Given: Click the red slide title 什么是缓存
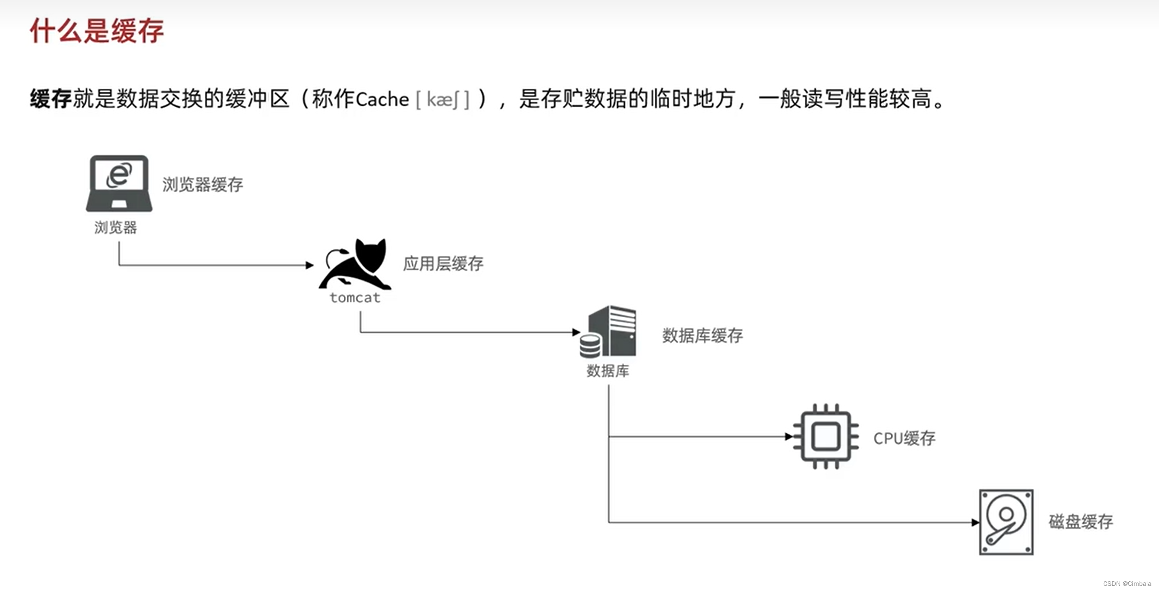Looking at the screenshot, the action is tap(97, 31).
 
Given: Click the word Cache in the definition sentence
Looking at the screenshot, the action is tap(382, 100).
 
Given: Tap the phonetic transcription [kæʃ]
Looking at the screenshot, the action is tap(443, 100).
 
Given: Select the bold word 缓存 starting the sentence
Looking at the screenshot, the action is tap(51, 99).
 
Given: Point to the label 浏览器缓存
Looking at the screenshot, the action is tap(202, 184).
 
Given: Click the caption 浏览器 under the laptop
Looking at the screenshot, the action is tap(115, 227).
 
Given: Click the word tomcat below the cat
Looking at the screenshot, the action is tap(355, 298).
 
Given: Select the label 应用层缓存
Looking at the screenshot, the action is tap(443, 264).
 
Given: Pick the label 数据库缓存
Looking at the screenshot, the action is tap(702, 336).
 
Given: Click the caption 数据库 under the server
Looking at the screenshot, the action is tap(607, 371).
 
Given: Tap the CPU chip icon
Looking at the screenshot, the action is tap(825, 436).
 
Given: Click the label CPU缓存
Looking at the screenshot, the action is tap(904, 438).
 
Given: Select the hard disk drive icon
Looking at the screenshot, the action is tap(1006, 522).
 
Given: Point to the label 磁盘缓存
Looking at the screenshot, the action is tap(1080, 522).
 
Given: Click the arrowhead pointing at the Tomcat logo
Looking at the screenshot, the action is tap(310, 265).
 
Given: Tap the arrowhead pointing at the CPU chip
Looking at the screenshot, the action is tap(789, 436).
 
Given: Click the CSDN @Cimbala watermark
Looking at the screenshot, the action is tap(1126, 583).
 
